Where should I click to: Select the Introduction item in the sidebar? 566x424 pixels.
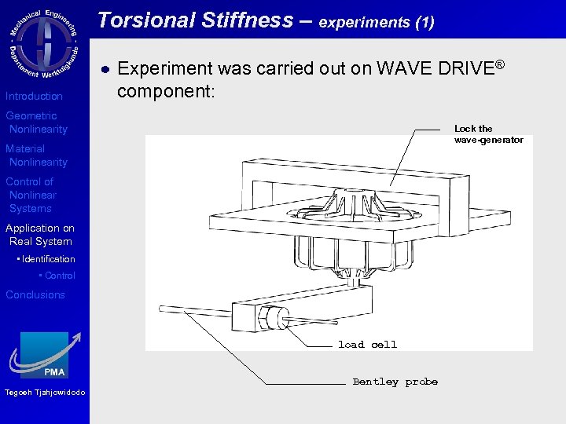[34, 96]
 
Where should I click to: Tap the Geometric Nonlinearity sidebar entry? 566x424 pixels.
[36, 122]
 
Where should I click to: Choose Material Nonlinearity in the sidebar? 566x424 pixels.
[36, 155]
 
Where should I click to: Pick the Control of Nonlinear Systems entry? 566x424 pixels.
[31, 195]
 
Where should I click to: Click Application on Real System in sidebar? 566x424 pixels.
[39, 235]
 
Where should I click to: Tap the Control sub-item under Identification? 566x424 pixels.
[60, 276]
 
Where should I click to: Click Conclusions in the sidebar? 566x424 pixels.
[35, 294]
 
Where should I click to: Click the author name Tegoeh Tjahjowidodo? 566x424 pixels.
[44, 393]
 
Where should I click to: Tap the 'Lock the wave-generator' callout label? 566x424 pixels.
[488, 134]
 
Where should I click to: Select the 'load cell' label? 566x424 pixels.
[367, 345]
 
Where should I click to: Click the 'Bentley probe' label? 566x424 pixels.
[395, 382]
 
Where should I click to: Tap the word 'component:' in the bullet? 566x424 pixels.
[164, 90]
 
